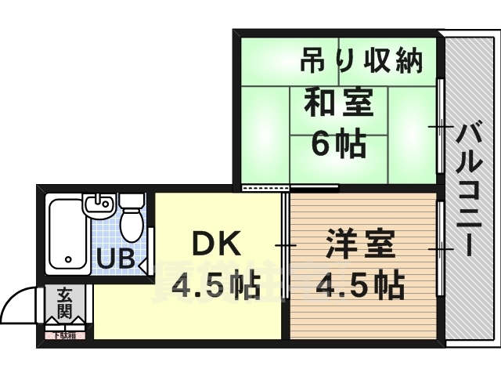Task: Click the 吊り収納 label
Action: pyautogui.click(x=362, y=60)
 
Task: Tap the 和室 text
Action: pyautogui.click(x=337, y=102)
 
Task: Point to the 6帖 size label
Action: pyautogui.click(x=337, y=143)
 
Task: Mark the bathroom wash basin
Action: pyautogui.click(x=99, y=207)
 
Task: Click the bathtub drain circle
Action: pyautogui.click(x=68, y=258)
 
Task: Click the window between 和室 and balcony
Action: pyautogui.click(x=441, y=125)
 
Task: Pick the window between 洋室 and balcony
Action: pyautogui.click(x=441, y=249)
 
